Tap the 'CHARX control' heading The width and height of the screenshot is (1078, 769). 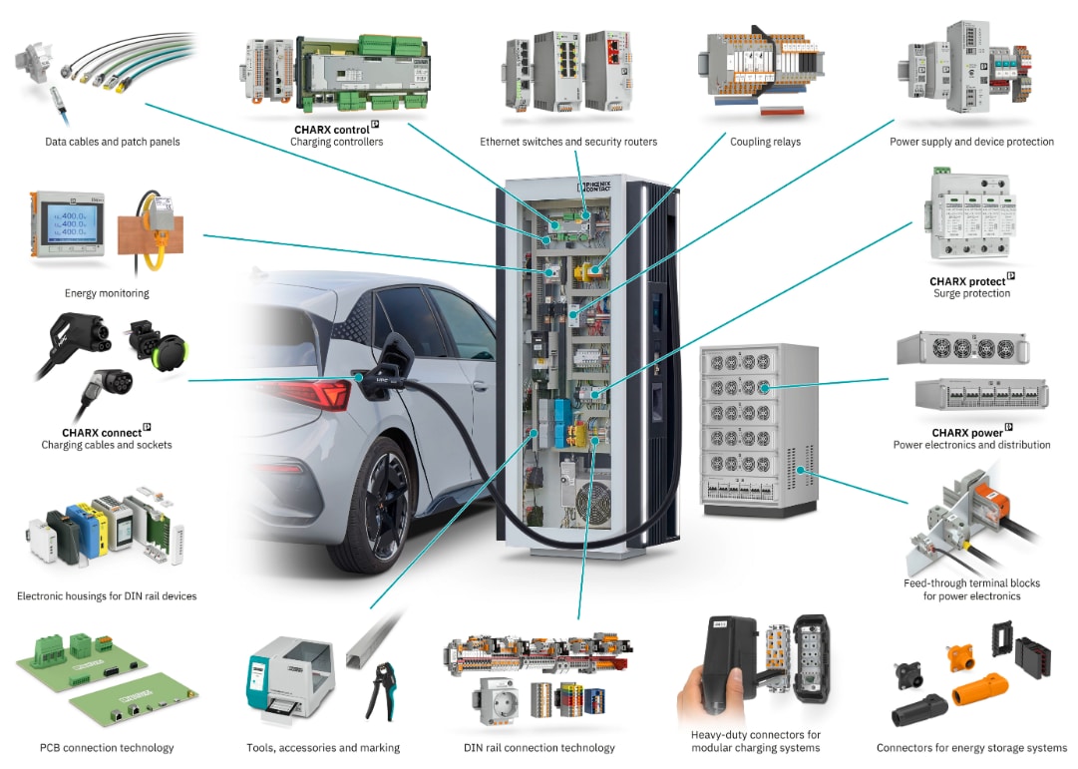click(332, 129)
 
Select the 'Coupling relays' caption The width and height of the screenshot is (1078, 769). click(765, 142)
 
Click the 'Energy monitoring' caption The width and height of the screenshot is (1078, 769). click(107, 293)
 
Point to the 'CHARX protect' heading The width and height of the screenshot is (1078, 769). click(967, 281)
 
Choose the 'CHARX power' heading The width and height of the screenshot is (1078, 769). click(967, 433)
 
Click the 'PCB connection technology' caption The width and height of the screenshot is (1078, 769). click(107, 747)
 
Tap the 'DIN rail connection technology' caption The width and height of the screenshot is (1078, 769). click(539, 747)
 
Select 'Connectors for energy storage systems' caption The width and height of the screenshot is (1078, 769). click(971, 747)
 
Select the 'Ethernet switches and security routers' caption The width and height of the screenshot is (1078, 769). click(568, 142)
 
